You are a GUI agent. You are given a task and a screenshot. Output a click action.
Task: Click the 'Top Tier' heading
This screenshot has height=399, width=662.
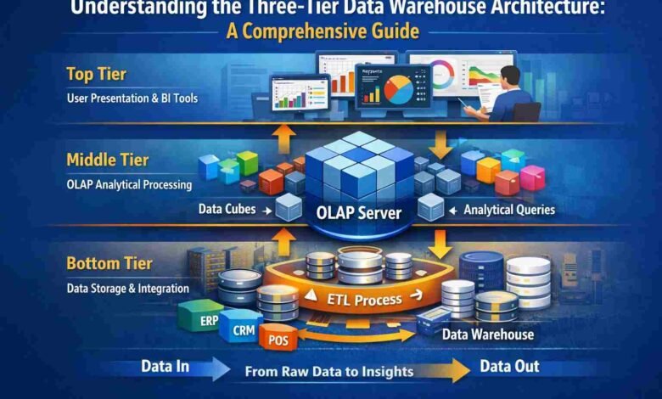coord(98,75)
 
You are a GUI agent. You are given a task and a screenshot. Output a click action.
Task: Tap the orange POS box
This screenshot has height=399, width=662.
coord(277,339)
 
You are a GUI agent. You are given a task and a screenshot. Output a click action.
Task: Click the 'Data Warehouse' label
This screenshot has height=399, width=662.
coord(488,334)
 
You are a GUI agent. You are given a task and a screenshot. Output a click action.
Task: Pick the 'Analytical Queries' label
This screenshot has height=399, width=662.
coord(508,209)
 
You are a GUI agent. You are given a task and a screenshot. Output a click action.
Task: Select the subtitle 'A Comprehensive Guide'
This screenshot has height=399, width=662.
coord(331,33)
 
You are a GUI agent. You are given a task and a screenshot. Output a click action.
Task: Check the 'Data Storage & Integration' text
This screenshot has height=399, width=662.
coord(128,289)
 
